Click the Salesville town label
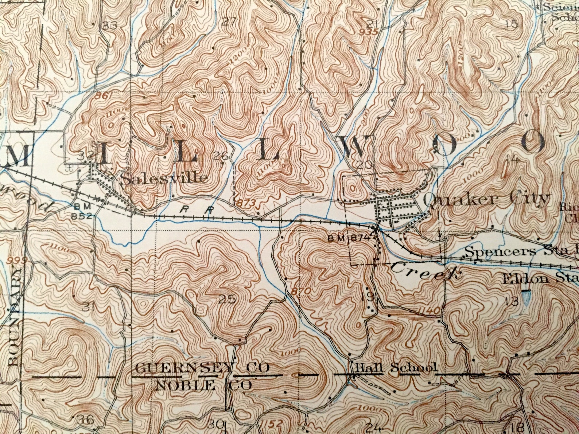(x=164, y=178)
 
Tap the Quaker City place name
(x=486, y=199)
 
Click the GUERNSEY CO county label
(x=202, y=368)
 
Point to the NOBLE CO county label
(x=203, y=385)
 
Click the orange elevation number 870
(x=301, y=291)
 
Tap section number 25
(x=227, y=300)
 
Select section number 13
(x=512, y=301)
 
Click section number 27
(x=229, y=21)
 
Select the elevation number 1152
(x=272, y=424)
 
